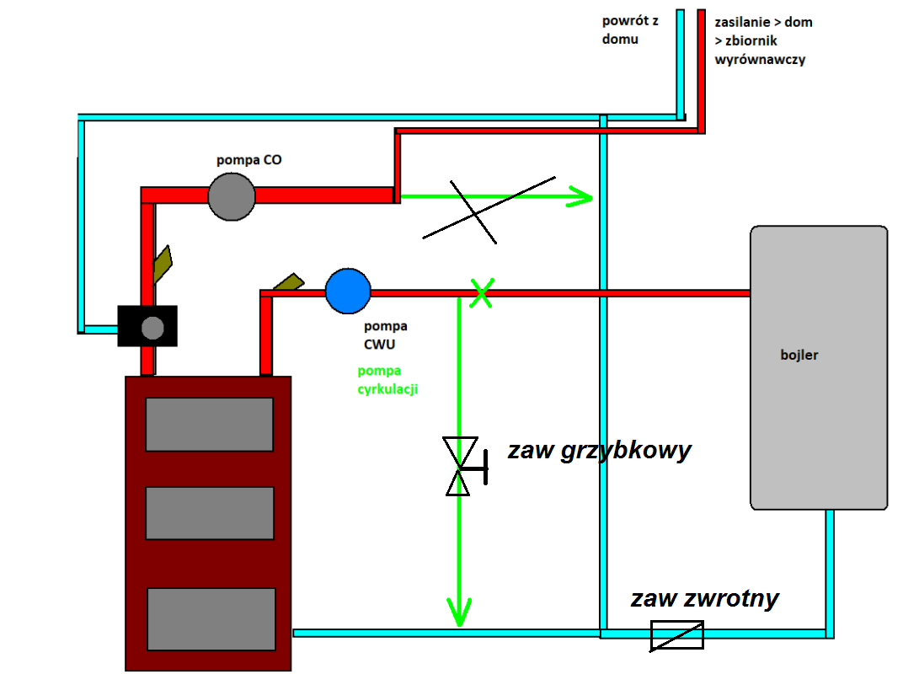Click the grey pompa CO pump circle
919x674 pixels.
click(x=232, y=196)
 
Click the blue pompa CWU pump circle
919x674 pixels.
click(x=348, y=291)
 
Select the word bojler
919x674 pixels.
click(x=799, y=355)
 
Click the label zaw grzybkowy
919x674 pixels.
click(x=599, y=451)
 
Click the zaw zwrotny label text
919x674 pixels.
click(x=704, y=598)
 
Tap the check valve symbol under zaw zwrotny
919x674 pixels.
click(x=677, y=635)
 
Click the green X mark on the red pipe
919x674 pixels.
click(x=481, y=293)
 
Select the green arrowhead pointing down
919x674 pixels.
click(x=459, y=612)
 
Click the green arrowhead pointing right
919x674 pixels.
click(x=580, y=197)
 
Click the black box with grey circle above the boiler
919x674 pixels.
click(x=147, y=326)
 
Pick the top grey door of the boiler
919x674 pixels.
click(x=210, y=424)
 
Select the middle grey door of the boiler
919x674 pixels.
click(x=210, y=513)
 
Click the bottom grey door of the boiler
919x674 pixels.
click(x=211, y=618)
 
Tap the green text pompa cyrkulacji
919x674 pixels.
click(x=387, y=380)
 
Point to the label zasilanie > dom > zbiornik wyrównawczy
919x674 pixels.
click(x=763, y=40)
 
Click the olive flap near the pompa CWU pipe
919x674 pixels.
click(x=286, y=283)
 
